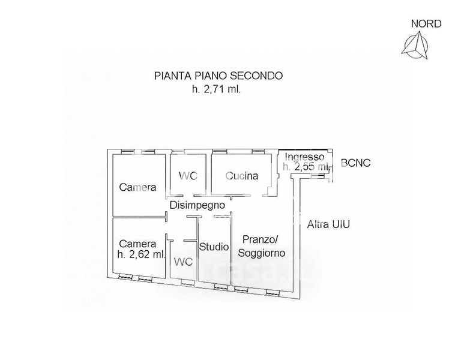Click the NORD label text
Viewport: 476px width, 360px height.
pyautogui.click(x=426, y=24)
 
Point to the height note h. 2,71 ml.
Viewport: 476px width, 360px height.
pyautogui.click(x=216, y=89)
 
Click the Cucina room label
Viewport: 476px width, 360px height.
pyautogui.click(x=242, y=176)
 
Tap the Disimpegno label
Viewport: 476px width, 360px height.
pyautogui.click(x=197, y=205)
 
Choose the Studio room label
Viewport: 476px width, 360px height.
pyautogui.click(x=213, y=246)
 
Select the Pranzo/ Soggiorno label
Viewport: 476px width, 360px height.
pyautogui.click(x=262, y=245)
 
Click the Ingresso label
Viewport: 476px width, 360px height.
pyautogui.click(x=306, y=157)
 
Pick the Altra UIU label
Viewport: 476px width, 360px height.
pyautogui.click(x=328, y=224)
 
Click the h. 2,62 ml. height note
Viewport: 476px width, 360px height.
pyautogui.click(x=142, y=254)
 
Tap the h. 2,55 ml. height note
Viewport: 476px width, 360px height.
pyautogui.click(x=307, y=167)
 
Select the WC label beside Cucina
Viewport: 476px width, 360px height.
pyautogui.click(x=188, y=176)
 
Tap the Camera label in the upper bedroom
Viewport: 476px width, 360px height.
pyautogui.click(x=137, y=187)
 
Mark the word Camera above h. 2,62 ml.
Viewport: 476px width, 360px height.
pyautogui.click(x=137, y=244)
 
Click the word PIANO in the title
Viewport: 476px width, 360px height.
pyautogui.click(x=207, y=76)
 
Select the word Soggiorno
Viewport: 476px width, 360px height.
pyautogui.click(x=262, y=253)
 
